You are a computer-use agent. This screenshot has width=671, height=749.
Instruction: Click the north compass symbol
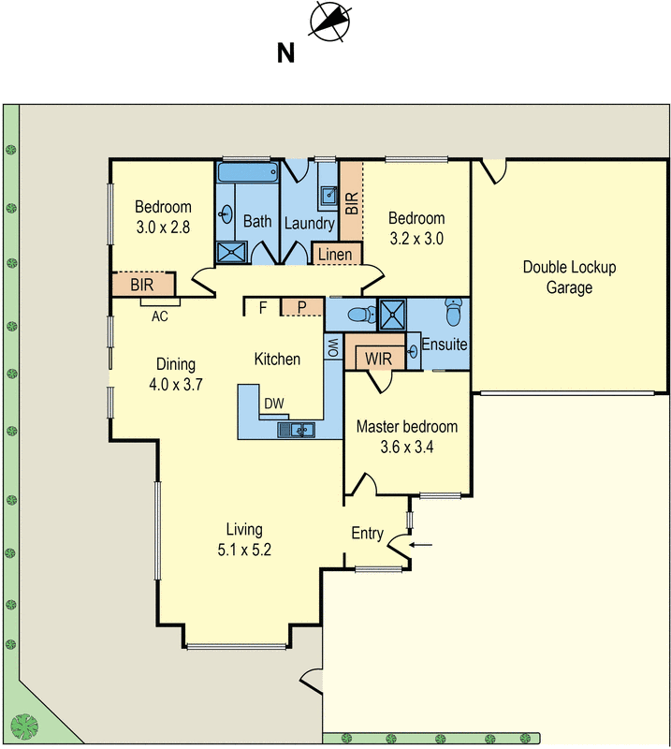point(329,22)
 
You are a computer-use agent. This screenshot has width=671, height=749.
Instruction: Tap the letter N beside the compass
point(285,53)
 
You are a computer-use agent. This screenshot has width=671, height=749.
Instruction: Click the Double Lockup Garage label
point(569,277)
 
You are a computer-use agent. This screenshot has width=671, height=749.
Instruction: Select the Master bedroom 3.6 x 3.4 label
point(407,436)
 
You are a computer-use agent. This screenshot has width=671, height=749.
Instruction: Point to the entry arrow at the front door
point(421,545)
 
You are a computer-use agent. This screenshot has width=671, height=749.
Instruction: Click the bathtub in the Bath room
point(248,171)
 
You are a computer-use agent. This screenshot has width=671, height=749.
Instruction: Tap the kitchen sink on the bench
point(296,430)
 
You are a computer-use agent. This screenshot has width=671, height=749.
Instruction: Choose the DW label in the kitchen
point(274,404)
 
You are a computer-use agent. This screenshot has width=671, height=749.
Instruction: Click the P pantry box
point(302,307)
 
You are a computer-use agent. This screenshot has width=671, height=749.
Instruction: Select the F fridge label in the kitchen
point(263,308)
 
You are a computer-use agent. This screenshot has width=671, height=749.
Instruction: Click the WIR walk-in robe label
point(378,359)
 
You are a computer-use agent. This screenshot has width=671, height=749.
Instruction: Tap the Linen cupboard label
point(335,255)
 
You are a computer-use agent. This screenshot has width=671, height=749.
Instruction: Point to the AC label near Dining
point(159,316)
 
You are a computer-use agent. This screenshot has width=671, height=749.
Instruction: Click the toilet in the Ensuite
point(453,312)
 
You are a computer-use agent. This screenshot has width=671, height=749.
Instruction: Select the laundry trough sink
point(329,195)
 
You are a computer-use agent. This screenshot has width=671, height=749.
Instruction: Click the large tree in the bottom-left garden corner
point(25,727)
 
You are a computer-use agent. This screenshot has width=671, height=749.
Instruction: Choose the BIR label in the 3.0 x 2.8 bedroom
point(142,286)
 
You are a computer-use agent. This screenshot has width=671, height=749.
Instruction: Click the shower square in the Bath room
point(232,252)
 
